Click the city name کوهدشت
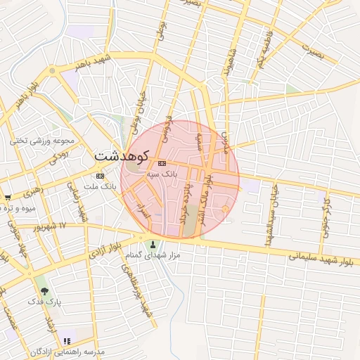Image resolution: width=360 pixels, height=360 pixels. (121, 155)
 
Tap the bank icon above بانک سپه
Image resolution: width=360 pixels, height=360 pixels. (162, 163)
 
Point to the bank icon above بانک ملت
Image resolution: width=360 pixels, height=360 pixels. (100, 176)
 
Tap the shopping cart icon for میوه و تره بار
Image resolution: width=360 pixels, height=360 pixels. (7, 198)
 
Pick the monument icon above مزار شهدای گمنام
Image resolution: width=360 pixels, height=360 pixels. (153, 245)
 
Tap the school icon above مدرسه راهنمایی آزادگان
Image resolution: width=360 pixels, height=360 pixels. (67, 340)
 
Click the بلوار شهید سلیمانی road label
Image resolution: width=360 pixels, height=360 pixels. (320, 258)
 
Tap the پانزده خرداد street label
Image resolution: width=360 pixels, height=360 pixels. (187, 200)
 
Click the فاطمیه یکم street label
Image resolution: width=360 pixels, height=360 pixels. (266, 50)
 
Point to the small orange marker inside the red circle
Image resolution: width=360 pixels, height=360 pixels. (224, 208)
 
